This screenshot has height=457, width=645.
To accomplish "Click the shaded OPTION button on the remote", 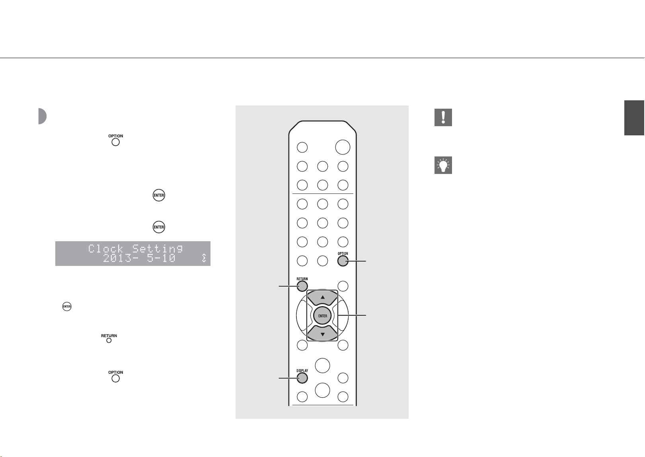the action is [343, 261].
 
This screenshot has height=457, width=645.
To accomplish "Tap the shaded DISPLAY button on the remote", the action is [302, 378].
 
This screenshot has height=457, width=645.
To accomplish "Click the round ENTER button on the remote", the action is [322, 316].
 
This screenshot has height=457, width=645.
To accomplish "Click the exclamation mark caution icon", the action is [443, 117].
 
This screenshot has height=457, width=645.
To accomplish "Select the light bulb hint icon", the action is [443, 165].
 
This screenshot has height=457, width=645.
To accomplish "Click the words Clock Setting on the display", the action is [135, 248].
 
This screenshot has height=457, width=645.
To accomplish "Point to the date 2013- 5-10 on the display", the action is [139, 258].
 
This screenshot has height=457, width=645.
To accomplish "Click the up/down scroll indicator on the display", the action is [204, 258].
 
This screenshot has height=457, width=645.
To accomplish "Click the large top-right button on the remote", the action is [343, 147].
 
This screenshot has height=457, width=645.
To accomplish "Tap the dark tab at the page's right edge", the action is [634, 117].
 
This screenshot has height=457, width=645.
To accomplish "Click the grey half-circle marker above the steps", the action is [42, 116].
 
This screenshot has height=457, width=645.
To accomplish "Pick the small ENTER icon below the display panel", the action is [67, 306].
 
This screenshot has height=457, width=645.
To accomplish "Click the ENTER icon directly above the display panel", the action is [159, 227].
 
